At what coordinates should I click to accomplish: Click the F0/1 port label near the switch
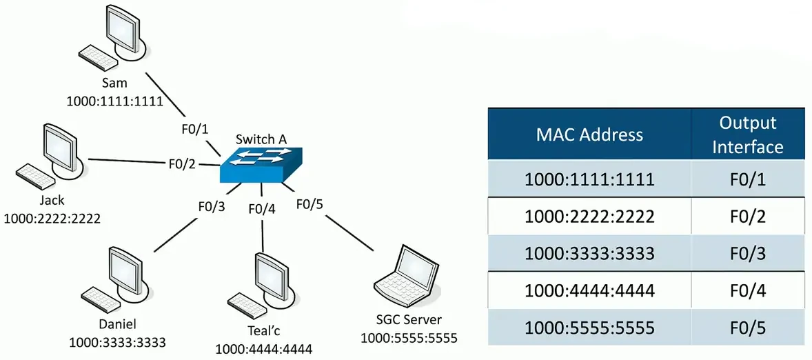194,129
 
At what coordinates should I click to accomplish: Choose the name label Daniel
118,324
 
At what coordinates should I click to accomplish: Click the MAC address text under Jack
52,219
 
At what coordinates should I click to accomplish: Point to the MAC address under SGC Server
409,338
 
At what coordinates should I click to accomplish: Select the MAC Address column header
589,134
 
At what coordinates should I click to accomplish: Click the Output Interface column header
748,134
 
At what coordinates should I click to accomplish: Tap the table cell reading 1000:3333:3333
589,252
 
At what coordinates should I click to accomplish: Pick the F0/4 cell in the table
748,290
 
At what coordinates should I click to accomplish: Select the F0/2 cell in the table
748,217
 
